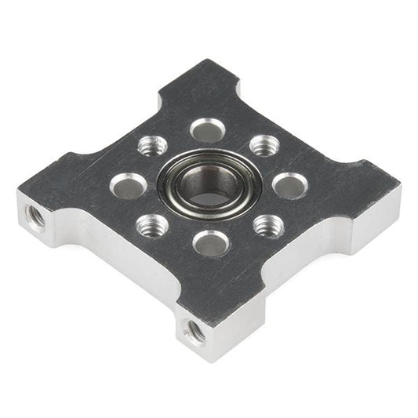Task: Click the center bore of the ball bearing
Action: [209, 185]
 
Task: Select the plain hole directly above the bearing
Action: [208, 129]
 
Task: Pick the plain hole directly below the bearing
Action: [211, 243]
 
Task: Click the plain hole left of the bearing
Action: [129, 185]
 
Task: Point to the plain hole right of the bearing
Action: [289, 185]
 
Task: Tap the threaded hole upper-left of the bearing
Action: [152, 146]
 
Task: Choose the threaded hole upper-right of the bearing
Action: [264, 145]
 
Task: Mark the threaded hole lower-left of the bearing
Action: [152, 227]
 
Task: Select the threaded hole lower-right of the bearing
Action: [268, 226]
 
